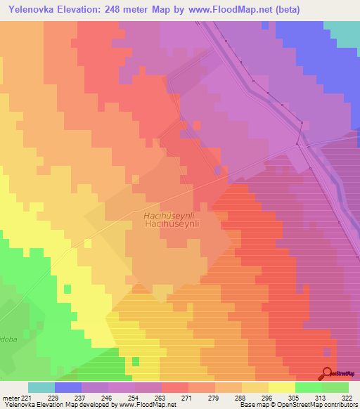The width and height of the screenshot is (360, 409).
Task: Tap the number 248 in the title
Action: pyautogui.click(x=129, y=10)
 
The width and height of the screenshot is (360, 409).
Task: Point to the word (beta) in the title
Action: pyautogui.click(x=280, y=10)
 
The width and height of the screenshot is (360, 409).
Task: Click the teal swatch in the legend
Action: pyautogui.click(x=41, y=387)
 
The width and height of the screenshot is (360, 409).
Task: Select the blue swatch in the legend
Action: pyautogui.click(x=68, y=387)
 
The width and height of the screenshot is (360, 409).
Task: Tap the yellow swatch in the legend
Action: pyautogui.click(x=282, y=387)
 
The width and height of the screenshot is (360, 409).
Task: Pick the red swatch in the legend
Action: pyautogui.click(x=175, y=387)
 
